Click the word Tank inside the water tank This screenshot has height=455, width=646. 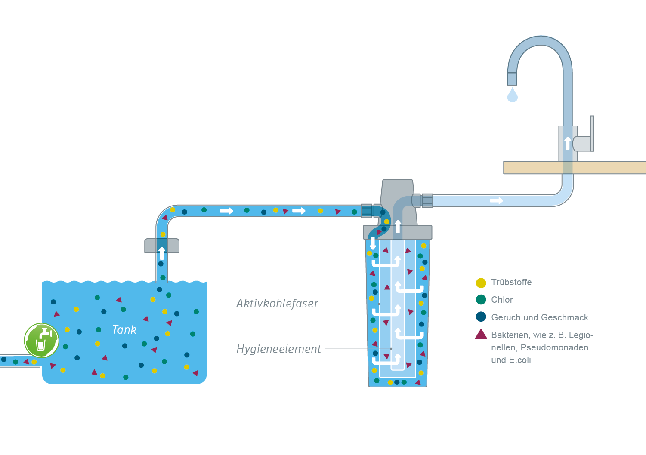(x=124, y=330)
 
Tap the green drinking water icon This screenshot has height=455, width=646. (x=41, y=340)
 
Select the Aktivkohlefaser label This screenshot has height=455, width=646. (x=277, y=304)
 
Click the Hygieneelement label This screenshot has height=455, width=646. (x=278, y=349)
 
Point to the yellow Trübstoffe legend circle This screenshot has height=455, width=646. (x=481, y=283)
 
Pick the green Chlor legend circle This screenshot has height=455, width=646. (x=481, y=300)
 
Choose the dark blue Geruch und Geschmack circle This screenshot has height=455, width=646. (x=481, y=317)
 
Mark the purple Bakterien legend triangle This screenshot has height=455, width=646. (x=481, y=335)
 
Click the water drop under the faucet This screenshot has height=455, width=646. (x=512, y=95)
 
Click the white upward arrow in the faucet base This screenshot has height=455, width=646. (x=568, y=143)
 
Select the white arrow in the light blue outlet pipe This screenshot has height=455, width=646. (x=496, y=200)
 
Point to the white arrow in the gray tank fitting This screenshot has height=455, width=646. (x=162, y=253)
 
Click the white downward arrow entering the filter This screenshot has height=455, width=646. (x=373, y=243)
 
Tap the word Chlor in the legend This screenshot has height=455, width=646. (x=502, y=300)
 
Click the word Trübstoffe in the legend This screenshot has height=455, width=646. (x=511, y=282)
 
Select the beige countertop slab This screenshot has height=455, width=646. (x=575, y=168)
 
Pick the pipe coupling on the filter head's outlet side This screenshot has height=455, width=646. (x=423, y=200)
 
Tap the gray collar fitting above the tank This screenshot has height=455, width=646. (x=162, y=246)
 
